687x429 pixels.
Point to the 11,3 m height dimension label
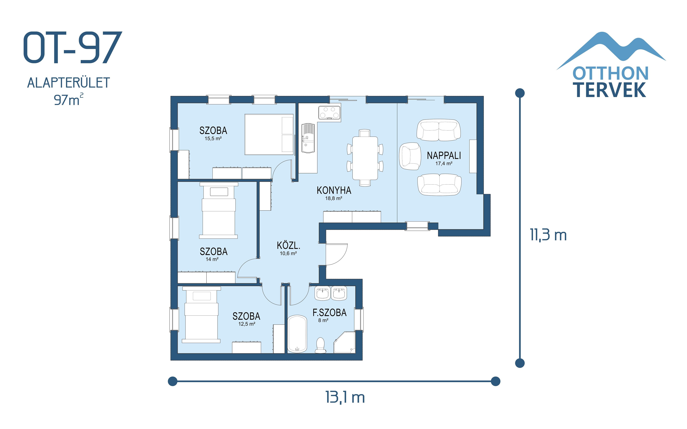tap(548, 235)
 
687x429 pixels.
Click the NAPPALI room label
tap(444, 156)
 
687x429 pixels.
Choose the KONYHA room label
tap(334, 190)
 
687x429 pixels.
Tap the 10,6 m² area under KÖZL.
tap(288, 253)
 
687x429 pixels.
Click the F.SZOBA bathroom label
tap(329, 313)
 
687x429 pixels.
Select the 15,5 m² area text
tap(213, 139)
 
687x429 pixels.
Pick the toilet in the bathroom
tap(320, 345)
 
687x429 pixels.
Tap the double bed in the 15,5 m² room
tap(269, 135)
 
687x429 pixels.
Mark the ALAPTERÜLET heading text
tap(68, 83)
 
